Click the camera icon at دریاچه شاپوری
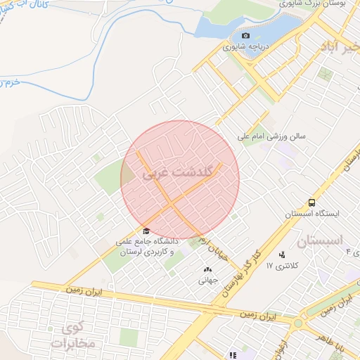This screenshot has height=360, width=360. (x=245, y=36)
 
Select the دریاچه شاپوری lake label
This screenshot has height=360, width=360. (x=247, y=48)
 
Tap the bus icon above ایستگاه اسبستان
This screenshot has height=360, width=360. (x=311, y=201)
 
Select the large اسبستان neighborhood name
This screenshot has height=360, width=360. (x=319, y=241)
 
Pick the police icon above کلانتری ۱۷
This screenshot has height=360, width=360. (x=282, y=255)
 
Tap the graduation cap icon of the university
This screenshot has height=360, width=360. (x=146, y=231)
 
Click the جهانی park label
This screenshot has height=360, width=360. (x=209, y=280)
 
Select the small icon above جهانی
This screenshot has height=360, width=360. (x=207, y=269)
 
